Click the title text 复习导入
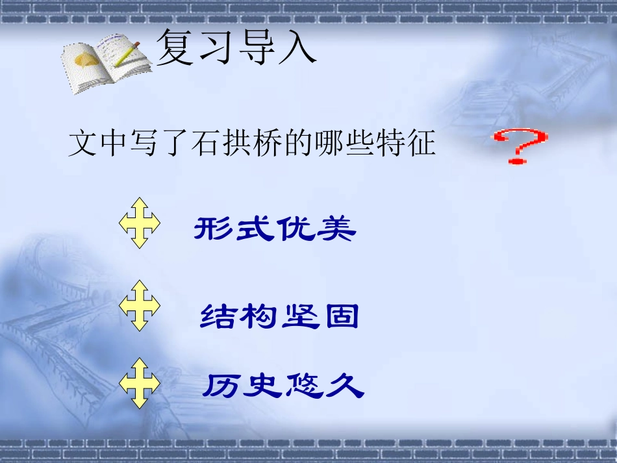coord(236,49)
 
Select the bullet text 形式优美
coord(275,229)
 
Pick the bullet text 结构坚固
coord(279,317)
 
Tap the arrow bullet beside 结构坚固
coord(140,306)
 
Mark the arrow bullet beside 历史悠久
coord(140,382)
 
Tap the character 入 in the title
coord(297,49)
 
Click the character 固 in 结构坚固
coord(341,317)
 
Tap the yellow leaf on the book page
coord(84,60)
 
